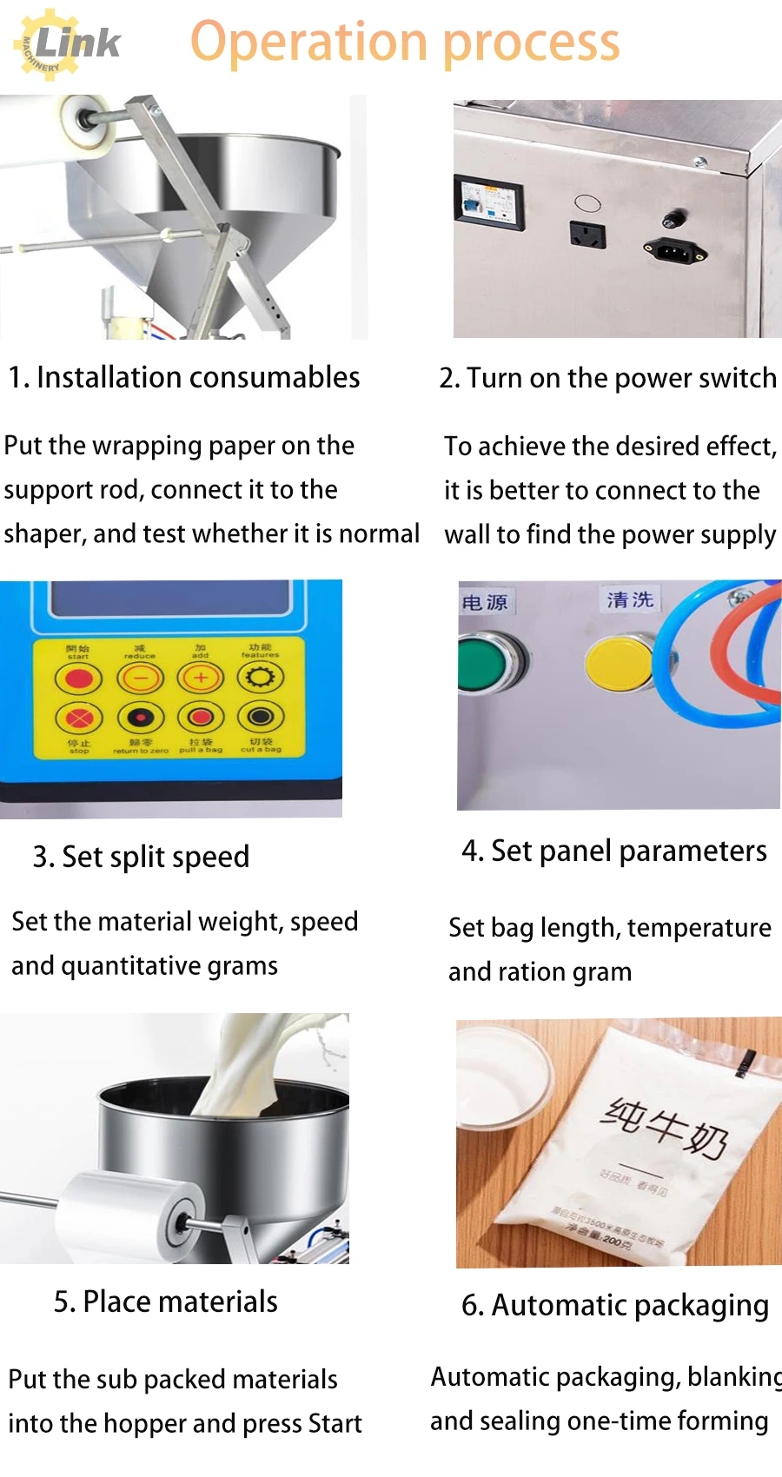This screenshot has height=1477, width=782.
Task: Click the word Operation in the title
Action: point(308,43)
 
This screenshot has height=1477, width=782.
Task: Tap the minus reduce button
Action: point(140,678)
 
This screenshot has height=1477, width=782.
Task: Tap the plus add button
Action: point(201,678)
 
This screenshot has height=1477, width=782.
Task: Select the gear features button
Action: point(261,678)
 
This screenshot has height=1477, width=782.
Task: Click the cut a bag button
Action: point(261,718)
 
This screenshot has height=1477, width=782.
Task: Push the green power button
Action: point(486,665)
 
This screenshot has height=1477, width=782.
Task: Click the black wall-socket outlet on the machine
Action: point(587,234)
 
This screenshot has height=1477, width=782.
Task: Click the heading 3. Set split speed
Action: point(141,857)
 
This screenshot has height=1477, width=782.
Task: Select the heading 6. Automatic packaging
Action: point(615,1305)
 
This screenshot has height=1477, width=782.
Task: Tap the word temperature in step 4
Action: point(699,928)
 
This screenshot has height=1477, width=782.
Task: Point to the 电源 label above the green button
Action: point(484,602)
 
